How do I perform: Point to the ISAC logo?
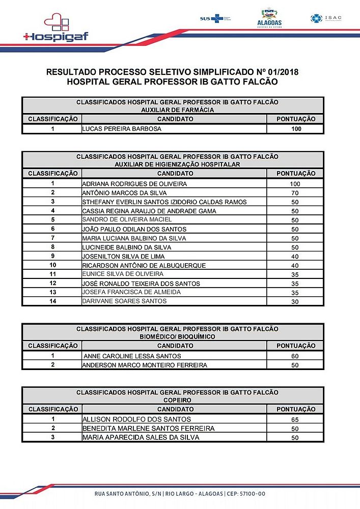tap(326, 18)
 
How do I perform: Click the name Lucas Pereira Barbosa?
tap(122, 129)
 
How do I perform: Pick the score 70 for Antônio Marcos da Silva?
tap(295, 193)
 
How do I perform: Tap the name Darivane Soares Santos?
tap(124, 301)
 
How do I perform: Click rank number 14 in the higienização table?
tap(52, 301)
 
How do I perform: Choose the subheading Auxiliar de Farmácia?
tap(177, 109)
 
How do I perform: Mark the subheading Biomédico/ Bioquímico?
tap(177, 336)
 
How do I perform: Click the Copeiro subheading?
tap(177, 400)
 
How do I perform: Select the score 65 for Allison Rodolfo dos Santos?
tap(295, 419)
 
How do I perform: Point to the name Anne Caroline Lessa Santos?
tap(132, 356)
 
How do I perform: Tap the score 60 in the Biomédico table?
tap(295, 356)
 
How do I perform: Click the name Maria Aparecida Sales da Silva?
tap(141, 438)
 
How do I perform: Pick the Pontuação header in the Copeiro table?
tap(296, 409)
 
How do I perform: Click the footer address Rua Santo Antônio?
tap(180, 494)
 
